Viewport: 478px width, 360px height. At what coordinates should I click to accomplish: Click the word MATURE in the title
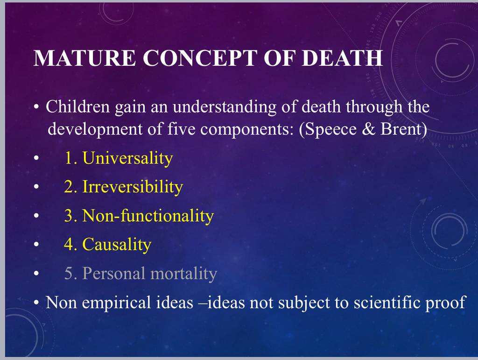(84, 57)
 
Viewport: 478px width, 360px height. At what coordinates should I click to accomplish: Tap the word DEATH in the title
(342, 57)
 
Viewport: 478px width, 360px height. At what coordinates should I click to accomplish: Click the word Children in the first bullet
(78, 106)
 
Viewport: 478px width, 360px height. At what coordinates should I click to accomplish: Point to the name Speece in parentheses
(331, 129)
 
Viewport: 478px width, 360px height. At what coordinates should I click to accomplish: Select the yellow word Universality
(128, 158)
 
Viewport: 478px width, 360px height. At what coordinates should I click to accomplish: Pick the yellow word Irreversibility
(133, 187)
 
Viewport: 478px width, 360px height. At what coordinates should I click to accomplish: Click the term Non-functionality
(148, 216)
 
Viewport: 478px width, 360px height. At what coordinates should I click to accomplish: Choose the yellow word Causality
(117, 245)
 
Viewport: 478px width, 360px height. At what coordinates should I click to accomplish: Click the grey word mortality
(183, 273)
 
